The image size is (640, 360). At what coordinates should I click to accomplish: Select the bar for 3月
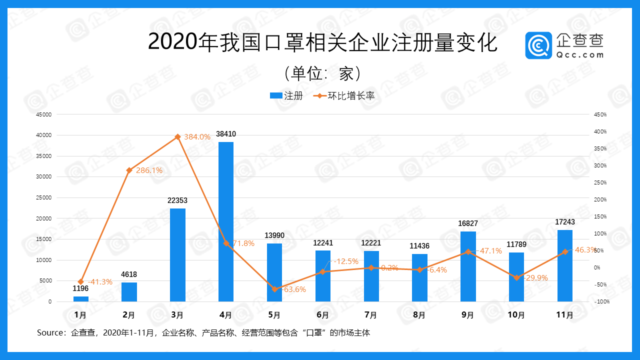177,255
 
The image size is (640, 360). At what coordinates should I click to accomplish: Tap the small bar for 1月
81,299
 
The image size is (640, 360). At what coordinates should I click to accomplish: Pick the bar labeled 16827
468,266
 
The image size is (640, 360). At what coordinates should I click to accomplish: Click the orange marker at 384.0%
177,136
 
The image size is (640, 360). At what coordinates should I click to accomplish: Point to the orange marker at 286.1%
129,170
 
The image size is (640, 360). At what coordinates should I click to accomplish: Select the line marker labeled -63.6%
274,289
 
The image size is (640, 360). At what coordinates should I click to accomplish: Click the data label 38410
226,134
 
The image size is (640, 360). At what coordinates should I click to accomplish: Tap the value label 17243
565,221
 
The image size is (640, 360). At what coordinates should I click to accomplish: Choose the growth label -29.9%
536,278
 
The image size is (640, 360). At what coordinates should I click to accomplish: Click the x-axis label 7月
371,315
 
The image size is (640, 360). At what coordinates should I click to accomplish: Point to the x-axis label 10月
516,315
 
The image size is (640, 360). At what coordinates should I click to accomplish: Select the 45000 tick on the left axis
43,114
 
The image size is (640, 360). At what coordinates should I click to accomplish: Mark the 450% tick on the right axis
600,114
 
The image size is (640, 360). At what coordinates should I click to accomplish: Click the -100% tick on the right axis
601,302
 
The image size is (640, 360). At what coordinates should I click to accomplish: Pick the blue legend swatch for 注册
276,96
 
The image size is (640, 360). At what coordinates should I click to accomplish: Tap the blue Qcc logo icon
538,45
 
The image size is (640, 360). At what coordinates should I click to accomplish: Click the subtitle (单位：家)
322,73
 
